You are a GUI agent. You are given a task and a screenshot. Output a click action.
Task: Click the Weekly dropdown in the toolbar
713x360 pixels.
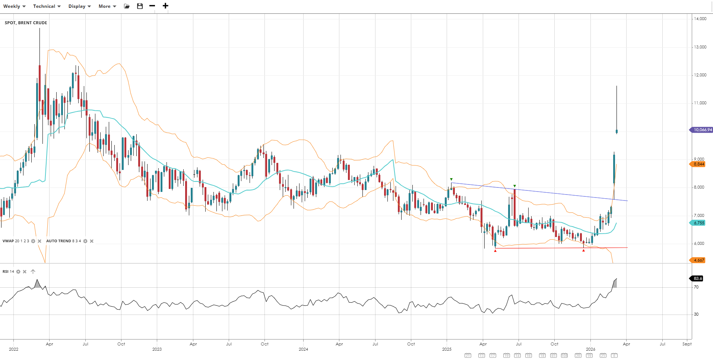coord(14,6)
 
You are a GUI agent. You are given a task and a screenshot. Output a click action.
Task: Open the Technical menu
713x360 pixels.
coord(47,6)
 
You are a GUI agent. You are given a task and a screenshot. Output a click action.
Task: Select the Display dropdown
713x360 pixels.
coord(79,6)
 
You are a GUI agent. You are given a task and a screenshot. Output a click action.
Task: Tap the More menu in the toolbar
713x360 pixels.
coord(107,6)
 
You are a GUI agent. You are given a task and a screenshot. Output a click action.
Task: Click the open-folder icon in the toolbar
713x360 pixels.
coord(127,6)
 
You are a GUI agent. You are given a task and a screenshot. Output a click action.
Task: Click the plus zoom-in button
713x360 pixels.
coord(165,6)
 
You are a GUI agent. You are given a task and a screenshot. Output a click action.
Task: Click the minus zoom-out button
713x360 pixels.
coord(152,6)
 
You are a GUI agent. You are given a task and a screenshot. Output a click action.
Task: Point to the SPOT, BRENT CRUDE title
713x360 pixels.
coord(26,23)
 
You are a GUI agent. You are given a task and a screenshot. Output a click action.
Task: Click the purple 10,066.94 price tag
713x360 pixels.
coord(702,130)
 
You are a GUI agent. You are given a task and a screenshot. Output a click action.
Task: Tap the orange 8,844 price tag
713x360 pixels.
coord(698,164)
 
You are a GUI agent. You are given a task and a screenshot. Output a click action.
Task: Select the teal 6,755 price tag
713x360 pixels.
coord(698,223)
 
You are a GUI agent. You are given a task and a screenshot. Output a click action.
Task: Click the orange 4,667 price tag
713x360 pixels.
coord(698,260)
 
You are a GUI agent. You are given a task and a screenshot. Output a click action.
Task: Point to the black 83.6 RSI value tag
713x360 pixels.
coord(697,278)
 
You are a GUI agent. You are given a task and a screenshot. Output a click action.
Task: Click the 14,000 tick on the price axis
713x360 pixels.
coord(700,19)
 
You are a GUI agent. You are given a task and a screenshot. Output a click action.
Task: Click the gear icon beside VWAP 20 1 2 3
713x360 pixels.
coord(33,241)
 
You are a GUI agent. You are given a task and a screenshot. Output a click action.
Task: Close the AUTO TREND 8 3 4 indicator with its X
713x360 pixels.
coord(92,241)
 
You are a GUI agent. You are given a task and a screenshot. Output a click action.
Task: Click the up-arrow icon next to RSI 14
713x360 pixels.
coord(33,272)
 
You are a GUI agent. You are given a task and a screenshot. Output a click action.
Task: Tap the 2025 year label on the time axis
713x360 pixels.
coord(447,349)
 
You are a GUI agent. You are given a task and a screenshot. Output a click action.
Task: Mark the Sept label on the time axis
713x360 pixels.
coord(687,344)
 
